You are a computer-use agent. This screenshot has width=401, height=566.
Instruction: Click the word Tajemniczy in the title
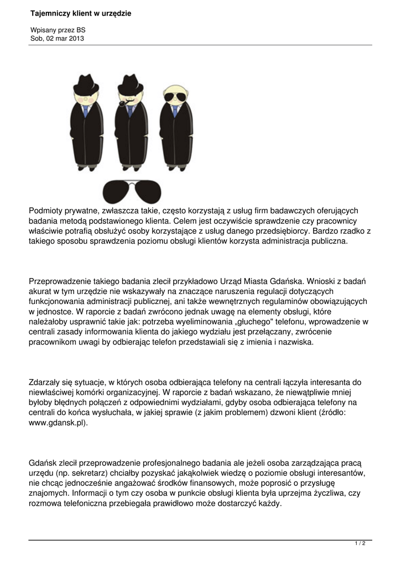(49, 13)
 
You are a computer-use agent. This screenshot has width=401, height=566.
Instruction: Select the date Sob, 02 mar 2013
(58, 38)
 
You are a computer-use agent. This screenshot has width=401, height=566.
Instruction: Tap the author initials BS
(81, 30)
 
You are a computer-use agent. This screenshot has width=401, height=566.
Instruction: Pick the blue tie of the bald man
(175, 112)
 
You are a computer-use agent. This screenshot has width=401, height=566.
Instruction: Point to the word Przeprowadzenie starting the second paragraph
(61, 281)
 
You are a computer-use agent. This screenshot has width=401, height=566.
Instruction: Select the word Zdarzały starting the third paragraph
(46, 382)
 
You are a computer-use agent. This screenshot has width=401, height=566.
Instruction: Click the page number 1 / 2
(360, 544)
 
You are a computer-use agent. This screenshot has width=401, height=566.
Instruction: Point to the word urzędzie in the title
(117, 13)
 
